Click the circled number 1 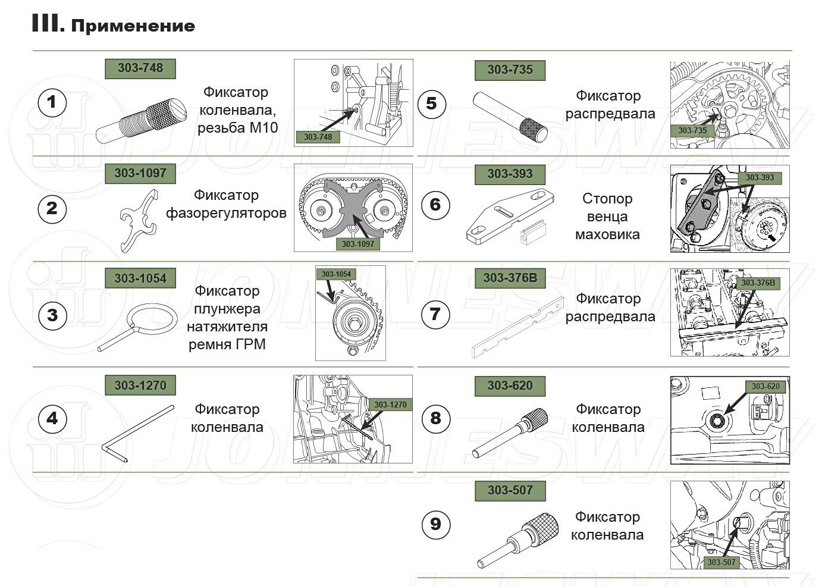pos(52,102)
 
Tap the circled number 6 pos(435,205)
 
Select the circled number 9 pos(435,524)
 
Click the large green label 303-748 pos(140,68)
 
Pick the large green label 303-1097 pos(140,173)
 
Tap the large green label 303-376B pos(510,278)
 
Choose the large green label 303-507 pos(510,491)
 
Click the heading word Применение pos(133,26)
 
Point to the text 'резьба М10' pos(238,127)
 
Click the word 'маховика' pos(607,234)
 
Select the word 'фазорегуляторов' pos(226,213)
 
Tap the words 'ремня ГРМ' pos(227,344)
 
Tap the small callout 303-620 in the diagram pos(766,387)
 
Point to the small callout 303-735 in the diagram pos(692,130)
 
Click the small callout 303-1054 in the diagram pos(336,274)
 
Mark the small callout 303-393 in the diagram pos(760,177)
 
